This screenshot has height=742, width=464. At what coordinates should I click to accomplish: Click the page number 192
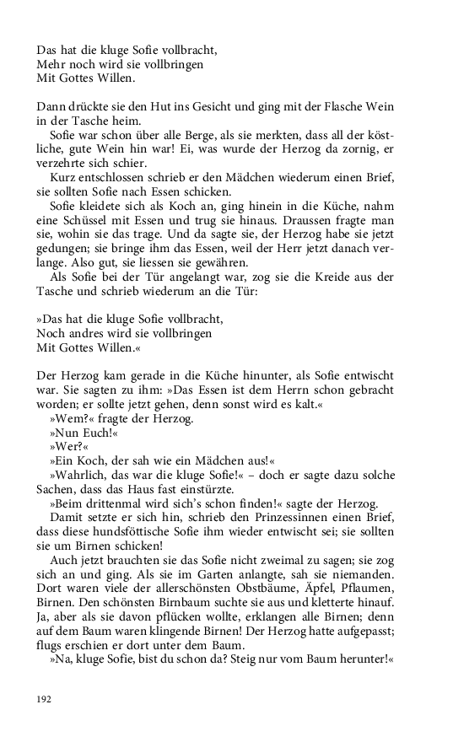[45, 699]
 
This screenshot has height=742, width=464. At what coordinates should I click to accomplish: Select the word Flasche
[309, 107]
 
